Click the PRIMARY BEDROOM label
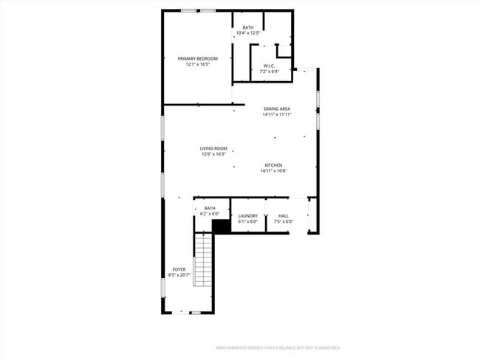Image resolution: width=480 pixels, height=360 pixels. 197,58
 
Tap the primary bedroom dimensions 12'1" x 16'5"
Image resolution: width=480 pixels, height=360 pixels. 197,64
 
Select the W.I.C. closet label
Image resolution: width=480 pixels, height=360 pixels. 270,66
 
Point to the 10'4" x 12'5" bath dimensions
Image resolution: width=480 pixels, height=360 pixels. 247,33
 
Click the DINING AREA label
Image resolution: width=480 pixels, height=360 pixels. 277,108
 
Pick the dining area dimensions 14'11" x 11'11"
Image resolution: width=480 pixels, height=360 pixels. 277,114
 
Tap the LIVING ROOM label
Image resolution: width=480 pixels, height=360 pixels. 213,148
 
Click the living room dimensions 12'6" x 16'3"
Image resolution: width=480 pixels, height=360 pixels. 213,154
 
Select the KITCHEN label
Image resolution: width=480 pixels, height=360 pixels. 273,165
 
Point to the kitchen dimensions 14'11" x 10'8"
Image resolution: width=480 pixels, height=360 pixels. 273,171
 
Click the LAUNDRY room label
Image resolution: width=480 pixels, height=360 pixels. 247,215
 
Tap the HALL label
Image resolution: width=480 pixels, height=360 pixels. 284,215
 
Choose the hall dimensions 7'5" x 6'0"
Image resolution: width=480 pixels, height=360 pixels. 284,221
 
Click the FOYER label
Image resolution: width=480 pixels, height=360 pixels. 179,269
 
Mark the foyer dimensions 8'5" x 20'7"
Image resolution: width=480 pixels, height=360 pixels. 179,275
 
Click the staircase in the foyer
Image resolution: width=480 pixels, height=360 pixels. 203,261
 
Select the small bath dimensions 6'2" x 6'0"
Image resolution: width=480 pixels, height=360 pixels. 210,214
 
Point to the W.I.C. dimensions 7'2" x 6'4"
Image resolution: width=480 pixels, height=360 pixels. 270,72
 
